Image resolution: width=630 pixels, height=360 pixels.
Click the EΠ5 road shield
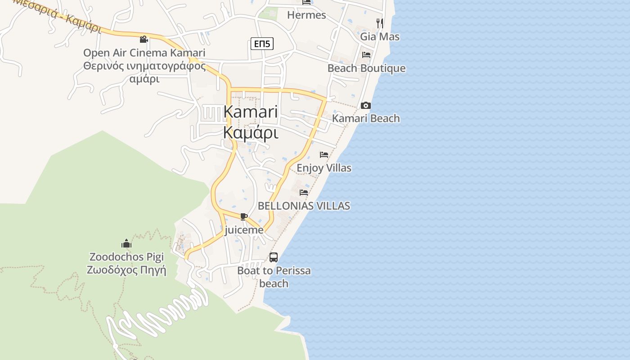262,44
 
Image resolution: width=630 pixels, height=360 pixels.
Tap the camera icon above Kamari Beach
366,106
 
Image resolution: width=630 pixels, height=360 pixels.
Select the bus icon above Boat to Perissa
273,257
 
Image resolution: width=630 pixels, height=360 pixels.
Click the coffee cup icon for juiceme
243,217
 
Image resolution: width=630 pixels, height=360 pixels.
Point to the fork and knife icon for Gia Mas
380,22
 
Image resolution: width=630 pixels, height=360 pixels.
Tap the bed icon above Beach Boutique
366,55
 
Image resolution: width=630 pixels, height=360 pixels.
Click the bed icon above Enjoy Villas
324,155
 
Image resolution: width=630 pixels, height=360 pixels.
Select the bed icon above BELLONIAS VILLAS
304,193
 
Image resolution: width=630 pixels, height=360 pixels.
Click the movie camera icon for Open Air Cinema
144,40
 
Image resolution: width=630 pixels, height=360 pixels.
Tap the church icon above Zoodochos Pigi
126,244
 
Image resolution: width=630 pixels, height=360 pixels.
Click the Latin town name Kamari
251,112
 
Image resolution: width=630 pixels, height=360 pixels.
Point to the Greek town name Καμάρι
251,133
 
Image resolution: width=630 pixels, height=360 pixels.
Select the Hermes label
306,15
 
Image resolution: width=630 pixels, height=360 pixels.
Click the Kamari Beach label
366,118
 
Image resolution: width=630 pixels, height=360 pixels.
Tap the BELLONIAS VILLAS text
304,206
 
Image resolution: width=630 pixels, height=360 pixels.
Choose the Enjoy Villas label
324,168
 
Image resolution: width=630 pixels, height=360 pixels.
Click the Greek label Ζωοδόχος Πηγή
126,270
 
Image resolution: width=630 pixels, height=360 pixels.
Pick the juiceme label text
243,230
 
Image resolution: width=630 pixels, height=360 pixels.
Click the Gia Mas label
380,36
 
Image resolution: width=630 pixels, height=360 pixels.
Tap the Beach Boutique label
366,68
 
